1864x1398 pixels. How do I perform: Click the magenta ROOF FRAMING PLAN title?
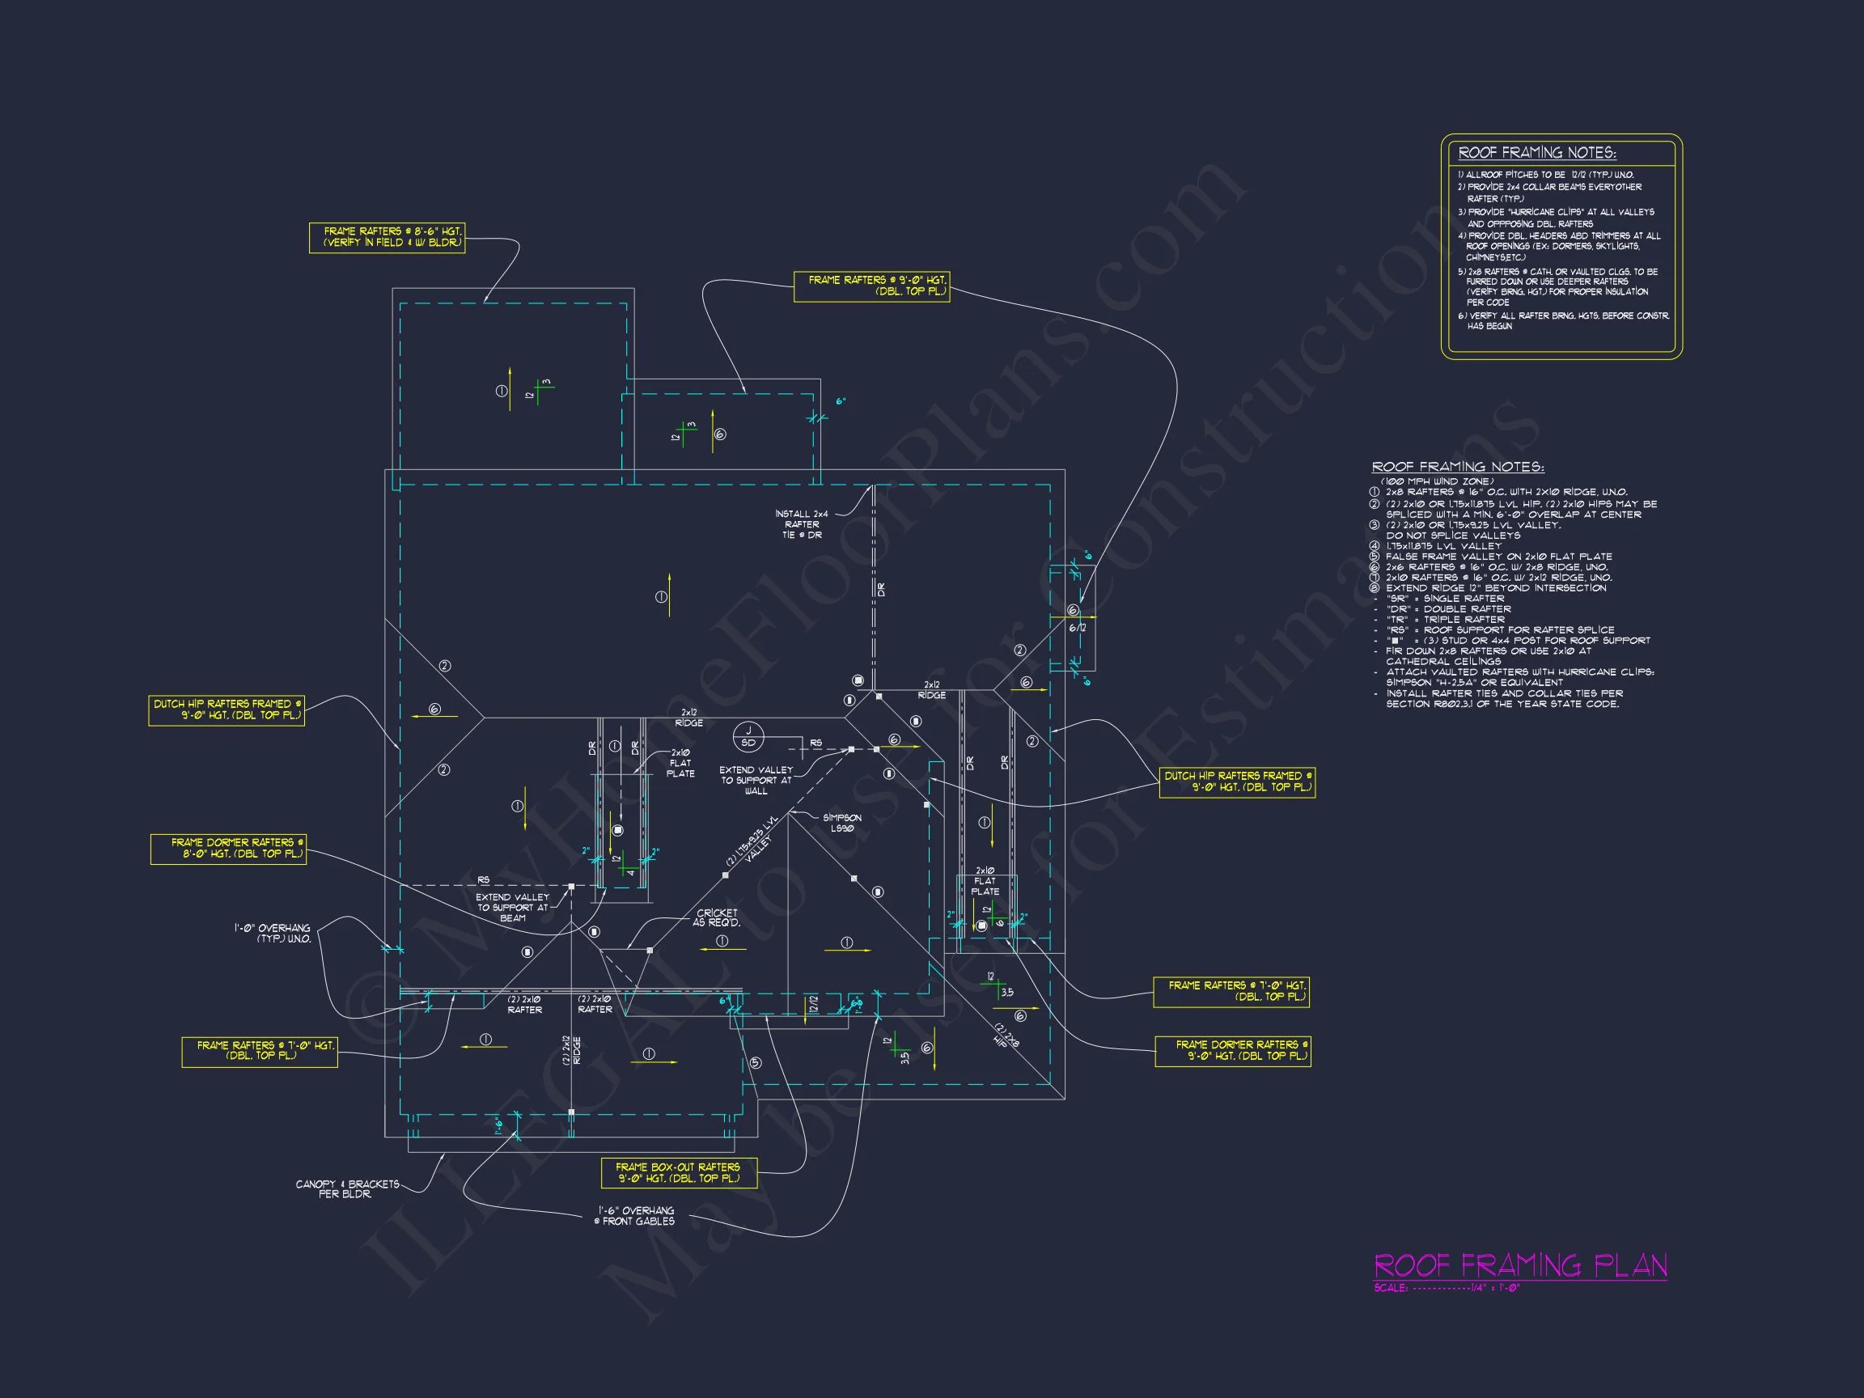point(1519,1265)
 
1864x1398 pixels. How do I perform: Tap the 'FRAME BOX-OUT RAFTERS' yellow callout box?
point(678,1172)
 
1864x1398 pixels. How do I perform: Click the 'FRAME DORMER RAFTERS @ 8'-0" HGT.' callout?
point(227,848)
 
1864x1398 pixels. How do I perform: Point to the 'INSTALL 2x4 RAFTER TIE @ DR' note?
point(802,524)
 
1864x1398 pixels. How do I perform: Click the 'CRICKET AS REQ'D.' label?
point(717,917)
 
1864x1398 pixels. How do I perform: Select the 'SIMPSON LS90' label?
point(842,823)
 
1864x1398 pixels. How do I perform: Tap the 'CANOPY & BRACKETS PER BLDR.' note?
point(347,1188)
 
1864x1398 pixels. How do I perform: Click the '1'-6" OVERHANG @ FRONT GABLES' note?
point(635,1215)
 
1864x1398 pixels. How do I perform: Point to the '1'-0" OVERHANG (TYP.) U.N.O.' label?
point(273,933)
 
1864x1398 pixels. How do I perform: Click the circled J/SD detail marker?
point(748,736)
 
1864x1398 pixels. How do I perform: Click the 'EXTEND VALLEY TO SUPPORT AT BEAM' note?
point(512,908)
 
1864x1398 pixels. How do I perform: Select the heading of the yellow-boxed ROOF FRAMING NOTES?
point(1537,153)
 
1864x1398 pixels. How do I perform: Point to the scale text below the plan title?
point(1446,1288)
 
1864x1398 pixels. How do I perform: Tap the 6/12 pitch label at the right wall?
point(1077,628)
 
